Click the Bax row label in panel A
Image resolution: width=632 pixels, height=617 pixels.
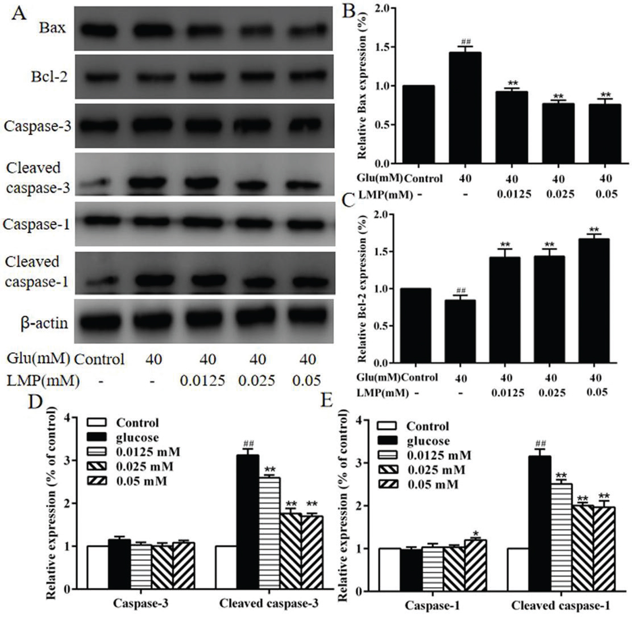52,28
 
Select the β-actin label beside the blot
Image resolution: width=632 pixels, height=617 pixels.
44,323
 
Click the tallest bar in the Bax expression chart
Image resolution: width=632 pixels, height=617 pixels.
465,107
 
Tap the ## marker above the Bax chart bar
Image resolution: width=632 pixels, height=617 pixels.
465,41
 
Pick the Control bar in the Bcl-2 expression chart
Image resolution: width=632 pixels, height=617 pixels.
415,325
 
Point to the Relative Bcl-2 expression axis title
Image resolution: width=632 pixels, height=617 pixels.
363,288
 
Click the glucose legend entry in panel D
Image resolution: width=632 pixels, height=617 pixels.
137,437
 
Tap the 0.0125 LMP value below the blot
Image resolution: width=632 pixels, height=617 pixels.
202,381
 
